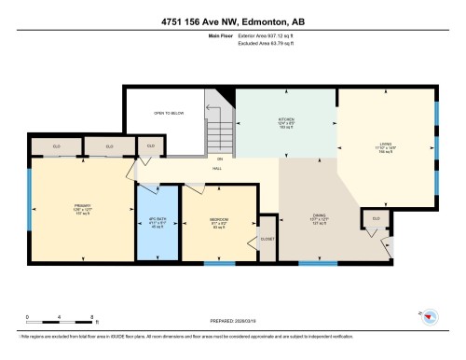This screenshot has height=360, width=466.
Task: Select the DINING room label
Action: (319, 222)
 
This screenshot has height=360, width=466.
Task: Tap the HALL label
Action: (216, 169)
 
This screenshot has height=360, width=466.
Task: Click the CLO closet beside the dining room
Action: (377, 218)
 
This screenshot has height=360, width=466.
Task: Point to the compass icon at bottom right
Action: (430, 315)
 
